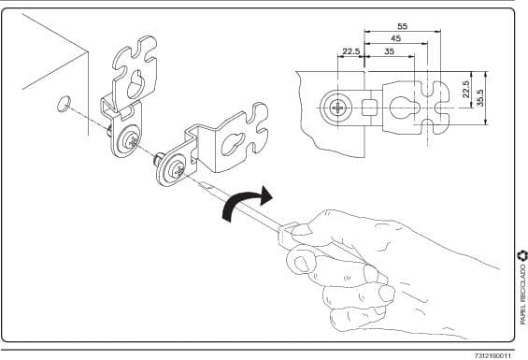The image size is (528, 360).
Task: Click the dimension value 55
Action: [x=403, y=26]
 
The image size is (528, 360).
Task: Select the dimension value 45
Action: [x=396, y=38]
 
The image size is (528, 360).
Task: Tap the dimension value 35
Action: [x=390, y=51]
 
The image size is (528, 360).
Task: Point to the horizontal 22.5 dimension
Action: [x=351, y=51]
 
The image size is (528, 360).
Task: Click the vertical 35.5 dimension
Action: [x=480, y=98]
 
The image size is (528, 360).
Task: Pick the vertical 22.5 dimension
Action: [x=466, y=90]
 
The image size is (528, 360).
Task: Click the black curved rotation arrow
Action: [x=245, y=202]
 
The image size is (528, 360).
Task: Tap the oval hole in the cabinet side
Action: [x=63, y=104]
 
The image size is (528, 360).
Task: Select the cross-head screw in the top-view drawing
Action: [x=337, y=108]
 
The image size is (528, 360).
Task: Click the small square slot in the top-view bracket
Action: [x=368, y=108]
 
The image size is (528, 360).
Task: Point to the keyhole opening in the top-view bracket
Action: [x=405, y=108]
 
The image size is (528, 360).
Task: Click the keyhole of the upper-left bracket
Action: [x=136, y=84]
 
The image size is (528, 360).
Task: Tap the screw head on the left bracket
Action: [x=130, y=141]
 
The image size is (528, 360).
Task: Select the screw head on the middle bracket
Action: [x=176, y=169]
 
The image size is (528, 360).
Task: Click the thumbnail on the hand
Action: [x=301, y=230]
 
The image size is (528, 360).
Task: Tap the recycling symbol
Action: [x=522, y=255]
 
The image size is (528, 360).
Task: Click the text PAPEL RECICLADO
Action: [x=522, y=295]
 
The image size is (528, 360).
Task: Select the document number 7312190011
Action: [x=493, y=356]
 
